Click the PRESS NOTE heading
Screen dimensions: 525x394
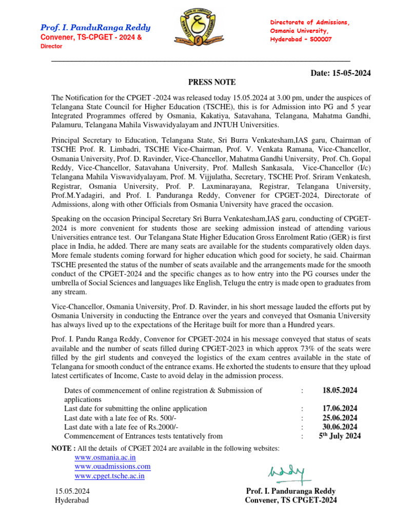click(212, 82)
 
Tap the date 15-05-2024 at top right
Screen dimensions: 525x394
click(341, 73)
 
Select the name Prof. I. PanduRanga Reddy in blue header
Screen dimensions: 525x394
click(95, 28)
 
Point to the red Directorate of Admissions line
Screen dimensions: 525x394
click(309, 23)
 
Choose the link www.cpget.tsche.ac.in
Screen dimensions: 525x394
click(109, 476)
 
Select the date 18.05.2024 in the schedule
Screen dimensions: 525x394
click(340, 391)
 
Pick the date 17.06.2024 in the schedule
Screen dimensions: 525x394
click(340, 409)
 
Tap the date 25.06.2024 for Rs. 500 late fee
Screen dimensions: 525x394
click(340, 418)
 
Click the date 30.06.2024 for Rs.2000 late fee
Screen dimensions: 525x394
click(340, 427)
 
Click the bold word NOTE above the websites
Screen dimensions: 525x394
click(62, 449)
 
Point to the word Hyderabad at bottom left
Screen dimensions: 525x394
click(72, 500)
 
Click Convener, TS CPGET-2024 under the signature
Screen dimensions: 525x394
click(290, 500)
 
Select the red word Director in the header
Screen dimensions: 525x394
click(51, 46)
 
